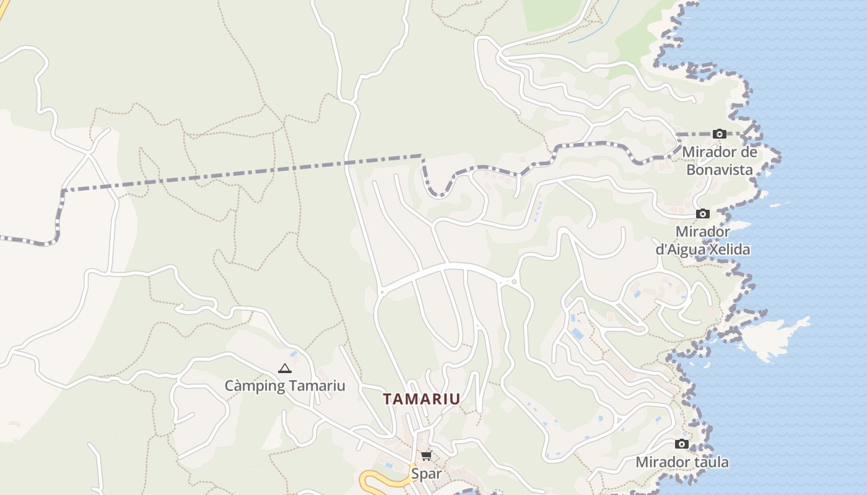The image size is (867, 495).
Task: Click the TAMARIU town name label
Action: point(422,399)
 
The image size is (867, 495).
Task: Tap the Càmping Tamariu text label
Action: point(284,386)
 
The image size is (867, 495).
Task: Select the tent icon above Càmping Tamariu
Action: point(284,369)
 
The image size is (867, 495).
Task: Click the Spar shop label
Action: point(427,474)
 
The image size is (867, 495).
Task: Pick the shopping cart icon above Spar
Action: point(426,456)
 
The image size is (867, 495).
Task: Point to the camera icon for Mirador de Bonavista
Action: point(719,134)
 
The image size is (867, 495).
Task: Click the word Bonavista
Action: point(719,170)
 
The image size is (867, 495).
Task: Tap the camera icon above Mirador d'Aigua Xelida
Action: point(702,213)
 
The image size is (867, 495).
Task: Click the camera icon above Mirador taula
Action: point(681,444)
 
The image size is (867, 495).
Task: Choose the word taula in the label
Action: point(712,462)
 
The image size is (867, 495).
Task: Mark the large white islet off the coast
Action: point(774,337)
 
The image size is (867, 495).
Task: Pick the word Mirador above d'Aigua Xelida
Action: point(702,232)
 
